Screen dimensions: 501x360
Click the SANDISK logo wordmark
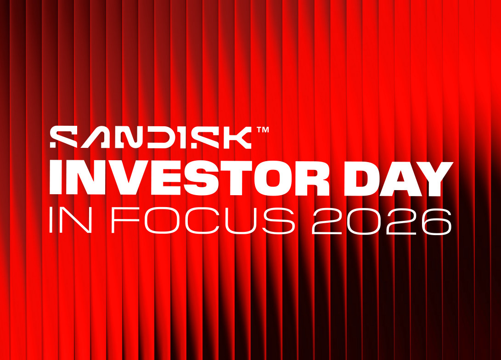(x=151, y=137)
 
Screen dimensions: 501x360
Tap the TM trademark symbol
(x=263, y=129)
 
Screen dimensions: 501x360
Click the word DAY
(x=399, y=179)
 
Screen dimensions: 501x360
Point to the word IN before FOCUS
(x=71, y=220)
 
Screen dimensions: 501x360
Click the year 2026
(x=382, y=221)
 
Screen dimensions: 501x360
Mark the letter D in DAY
(x=362, y=179)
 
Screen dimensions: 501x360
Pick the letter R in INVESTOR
(x=313, y=179)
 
